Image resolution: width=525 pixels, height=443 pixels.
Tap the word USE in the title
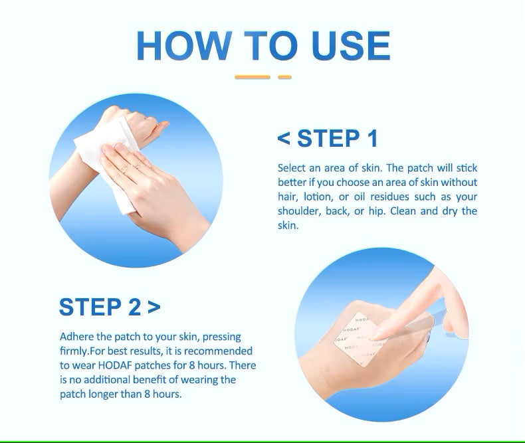point(351,46)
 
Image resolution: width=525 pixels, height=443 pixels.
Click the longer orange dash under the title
point(253,77)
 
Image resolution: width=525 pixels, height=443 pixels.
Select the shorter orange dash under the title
point(284,77)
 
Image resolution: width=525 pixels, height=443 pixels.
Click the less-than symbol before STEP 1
point(284,139)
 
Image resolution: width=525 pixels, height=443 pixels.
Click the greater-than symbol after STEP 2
point(154,307)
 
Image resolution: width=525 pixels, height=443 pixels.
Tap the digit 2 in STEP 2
point(135,307)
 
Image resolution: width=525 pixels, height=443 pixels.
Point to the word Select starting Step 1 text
point(292,167)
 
